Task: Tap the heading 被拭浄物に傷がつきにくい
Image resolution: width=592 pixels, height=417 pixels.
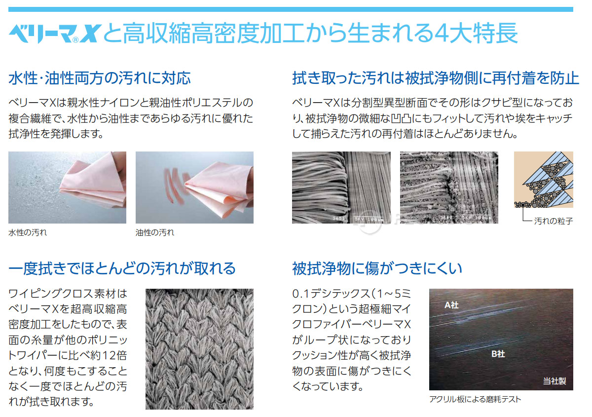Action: pyautogui.click(x=377, y=268)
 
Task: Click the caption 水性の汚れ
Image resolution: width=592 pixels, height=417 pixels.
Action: pyautogui.click(x=28, y=232)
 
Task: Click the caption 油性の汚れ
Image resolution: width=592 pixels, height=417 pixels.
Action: pyautogui.click(x=155, y=232)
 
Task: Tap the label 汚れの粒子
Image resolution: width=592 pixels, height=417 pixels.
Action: pyautogui.click(x=554, y=222)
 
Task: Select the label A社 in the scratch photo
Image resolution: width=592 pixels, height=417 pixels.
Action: pyautogui.click(x=451, y=305)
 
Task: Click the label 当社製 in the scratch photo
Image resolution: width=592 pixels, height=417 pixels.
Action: pyautogui.click(x=555, y=380)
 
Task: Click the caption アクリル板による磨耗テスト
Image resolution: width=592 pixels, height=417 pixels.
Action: pyautogui.click(x=475, y=399)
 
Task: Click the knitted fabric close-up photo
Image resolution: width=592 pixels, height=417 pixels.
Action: pyautogui.click(x=199, y=349)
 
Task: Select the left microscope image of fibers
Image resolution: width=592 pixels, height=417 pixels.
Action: pyautogui.click(x=341, y=188)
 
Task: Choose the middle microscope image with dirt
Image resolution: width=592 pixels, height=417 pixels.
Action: pyautogui.click(x=448, y=188)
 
